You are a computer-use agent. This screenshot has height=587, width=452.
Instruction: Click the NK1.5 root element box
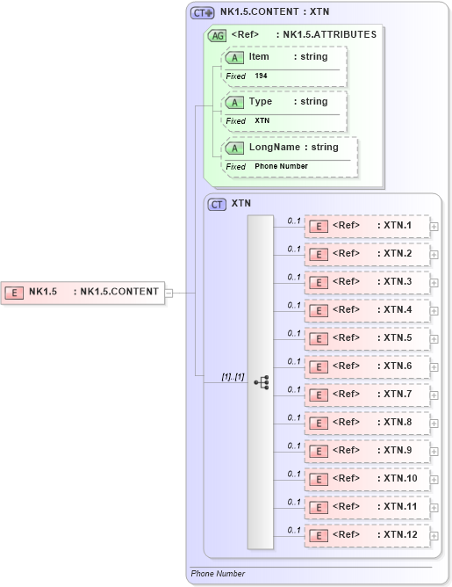(83, 292)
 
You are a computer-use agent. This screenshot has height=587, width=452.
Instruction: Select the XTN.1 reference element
(366, 226)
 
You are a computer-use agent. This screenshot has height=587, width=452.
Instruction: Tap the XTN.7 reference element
(366, 395)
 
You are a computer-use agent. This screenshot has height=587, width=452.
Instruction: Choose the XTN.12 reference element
(366, 535)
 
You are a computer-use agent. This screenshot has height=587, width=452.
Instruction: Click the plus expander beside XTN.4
(434, 310)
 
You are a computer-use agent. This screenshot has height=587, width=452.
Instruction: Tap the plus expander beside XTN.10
(434, 479)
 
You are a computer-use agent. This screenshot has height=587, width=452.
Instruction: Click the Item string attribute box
(285, 57)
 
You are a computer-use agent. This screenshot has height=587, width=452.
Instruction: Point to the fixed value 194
(262, 76)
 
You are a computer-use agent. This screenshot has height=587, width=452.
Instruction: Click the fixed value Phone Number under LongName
(281, 166)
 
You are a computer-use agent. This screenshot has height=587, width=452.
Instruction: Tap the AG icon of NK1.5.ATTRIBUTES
(217, 36)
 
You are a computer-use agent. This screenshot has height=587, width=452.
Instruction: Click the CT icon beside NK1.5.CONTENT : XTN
(203, 13)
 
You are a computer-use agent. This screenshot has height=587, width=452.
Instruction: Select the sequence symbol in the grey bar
(261, 382)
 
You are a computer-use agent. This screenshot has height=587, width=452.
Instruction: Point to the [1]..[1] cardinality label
(233, 376)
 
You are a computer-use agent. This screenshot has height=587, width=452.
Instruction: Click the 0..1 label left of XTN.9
(294, 446)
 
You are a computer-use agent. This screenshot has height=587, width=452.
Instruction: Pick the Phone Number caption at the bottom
(218, 574)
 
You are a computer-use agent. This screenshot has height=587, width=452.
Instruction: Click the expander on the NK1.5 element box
(169, 293)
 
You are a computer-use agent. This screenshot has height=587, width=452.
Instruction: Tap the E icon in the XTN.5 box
(319, 338)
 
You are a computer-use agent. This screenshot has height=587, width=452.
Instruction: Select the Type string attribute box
(285, 102)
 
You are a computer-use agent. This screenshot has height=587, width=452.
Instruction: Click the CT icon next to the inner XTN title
(217, 204)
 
